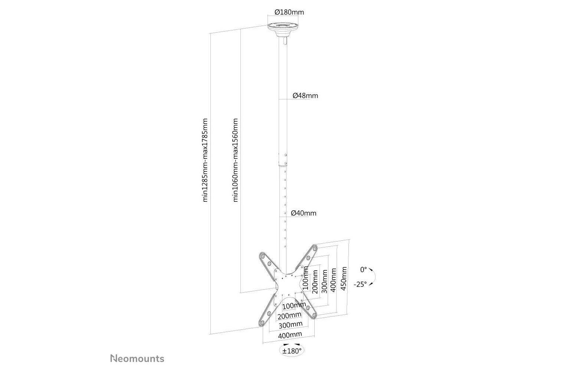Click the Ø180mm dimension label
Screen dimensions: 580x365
pyautogui.click(x=289, y=12)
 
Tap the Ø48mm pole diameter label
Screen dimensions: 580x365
pyautogui.click(x=305, y=96)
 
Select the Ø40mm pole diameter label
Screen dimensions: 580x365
pyautogui.click(x=304, y=213)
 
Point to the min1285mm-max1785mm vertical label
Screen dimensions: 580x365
pyautogui.click(x=205, y=160)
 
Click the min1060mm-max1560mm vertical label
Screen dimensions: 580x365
pyautogui.click(x=235, y=160)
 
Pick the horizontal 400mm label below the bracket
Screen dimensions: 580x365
pyautogui.click(x=290, y=335)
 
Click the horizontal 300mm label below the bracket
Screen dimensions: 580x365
pyautogui.click(x=290, y=325)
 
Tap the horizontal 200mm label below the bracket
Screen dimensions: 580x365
pyautogui.click(x=289, y=316)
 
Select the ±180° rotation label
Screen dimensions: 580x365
pyautogui.click(x=292, y=351)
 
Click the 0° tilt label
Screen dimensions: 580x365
pyautogui.click(x=364, y=270)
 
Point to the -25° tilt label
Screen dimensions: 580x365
pyautogui.click(x=360, y=284)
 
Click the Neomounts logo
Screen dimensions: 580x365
pyautogui.click(x=137, y=359)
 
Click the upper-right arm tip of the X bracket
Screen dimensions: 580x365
pyautogui.click(x=315, y=249)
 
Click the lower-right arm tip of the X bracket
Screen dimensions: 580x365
pyautogui.click(x=314, y=315)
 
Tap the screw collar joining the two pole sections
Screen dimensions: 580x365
pyautogui.click(x=283, y=160)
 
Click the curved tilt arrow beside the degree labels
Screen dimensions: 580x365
pyautogui.click(x=374, y=277)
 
